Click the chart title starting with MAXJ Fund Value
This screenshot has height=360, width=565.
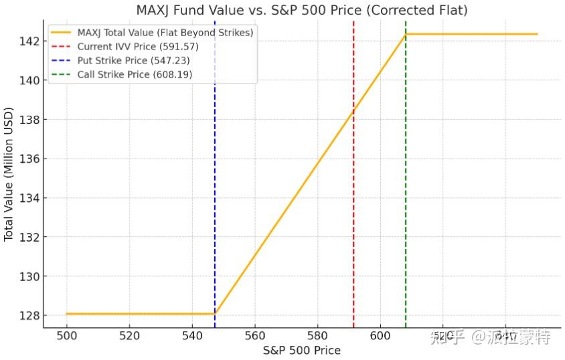(301, 10)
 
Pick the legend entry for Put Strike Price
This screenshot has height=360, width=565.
(133, 60)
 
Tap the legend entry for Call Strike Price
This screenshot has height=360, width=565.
(135, 74)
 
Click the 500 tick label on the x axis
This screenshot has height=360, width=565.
(67, 337)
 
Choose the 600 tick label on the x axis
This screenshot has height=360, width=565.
(380, 337)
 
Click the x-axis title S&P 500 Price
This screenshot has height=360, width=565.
(301, 351)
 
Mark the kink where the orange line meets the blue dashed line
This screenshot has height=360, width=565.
(215, 313)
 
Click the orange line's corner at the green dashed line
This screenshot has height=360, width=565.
(406, 34)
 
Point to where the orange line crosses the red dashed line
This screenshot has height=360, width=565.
(353, 112)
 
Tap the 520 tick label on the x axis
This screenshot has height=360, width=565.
(129, 337)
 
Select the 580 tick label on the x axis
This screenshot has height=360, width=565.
(317, 337)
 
